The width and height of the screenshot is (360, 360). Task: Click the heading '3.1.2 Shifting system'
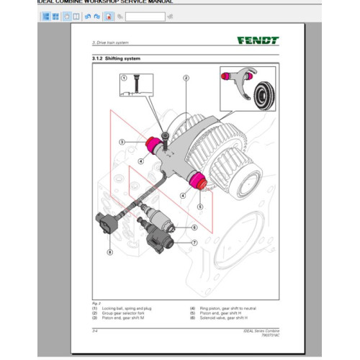[x=116, y=58]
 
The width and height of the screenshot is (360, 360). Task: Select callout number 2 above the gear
[x=186, y=78]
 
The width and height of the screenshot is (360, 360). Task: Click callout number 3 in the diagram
[x=123, y=142]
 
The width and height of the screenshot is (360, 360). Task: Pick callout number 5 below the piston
[x=201, y=205]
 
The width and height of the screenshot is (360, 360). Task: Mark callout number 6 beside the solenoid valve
[x=194, y=228]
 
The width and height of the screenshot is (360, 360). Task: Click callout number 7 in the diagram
[x=194, y=243]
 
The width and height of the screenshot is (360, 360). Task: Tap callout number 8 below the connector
[x=109, y=252]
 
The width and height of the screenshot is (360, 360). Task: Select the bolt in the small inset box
[x=135, y=84]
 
